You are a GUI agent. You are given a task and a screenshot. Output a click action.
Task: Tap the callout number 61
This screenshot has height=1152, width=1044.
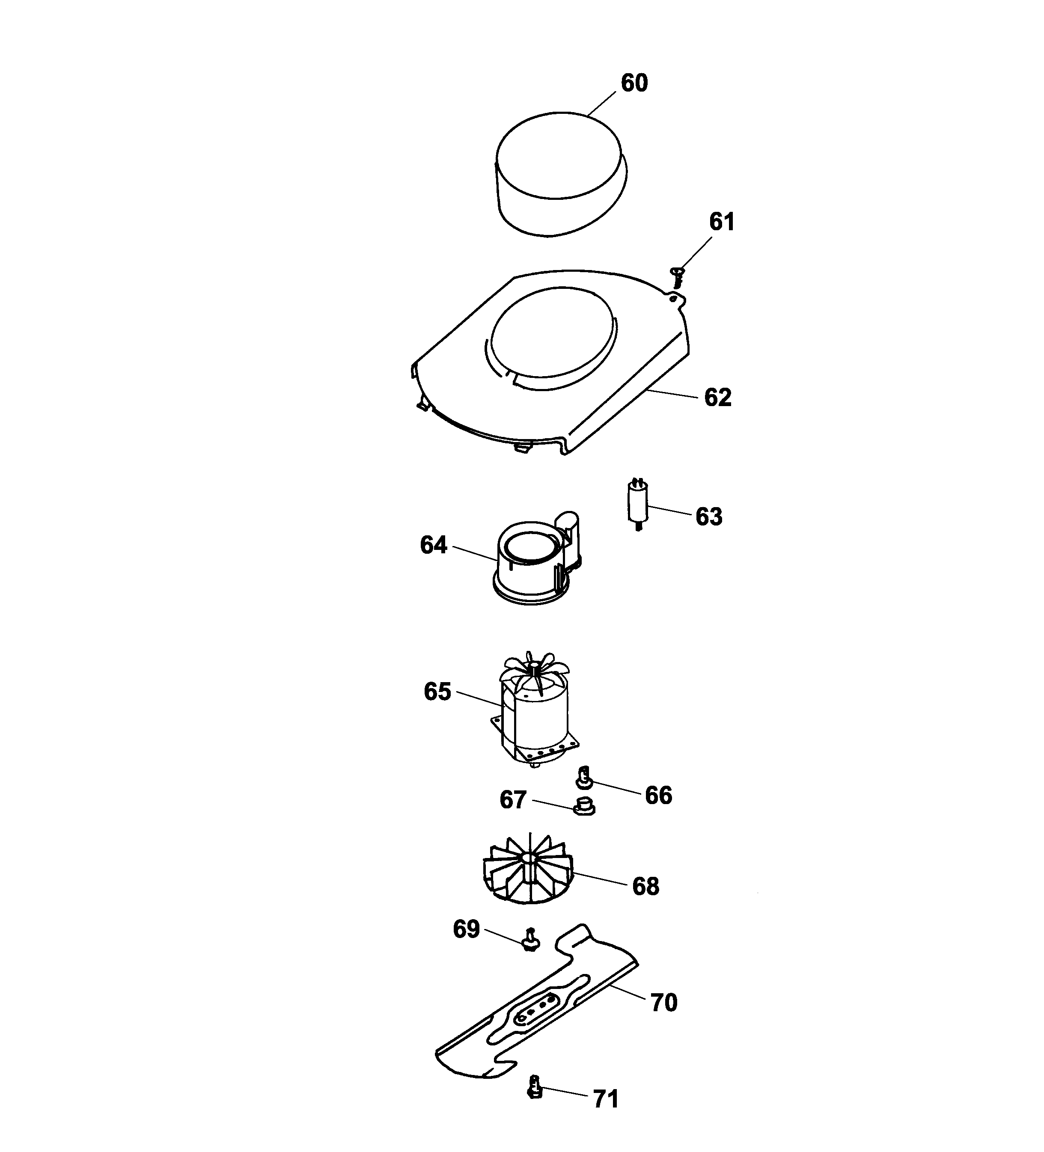(x=722, y=222)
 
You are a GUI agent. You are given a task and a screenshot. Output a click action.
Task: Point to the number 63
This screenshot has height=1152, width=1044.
(x=708, y=517)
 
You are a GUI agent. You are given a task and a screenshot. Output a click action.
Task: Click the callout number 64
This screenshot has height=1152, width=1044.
(x=433, y=545)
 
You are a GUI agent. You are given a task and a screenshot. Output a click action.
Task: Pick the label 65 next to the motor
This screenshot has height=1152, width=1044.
(x=437, y=692)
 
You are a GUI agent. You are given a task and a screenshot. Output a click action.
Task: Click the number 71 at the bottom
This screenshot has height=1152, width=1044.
(x=605, y=1099)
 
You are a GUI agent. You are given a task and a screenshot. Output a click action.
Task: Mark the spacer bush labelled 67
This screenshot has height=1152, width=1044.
(x=583, y=806)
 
